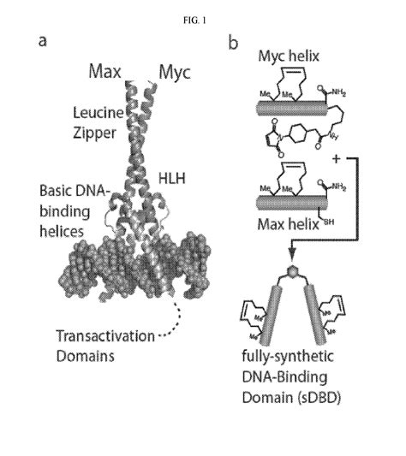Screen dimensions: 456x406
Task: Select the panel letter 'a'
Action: tap(42, 40)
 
